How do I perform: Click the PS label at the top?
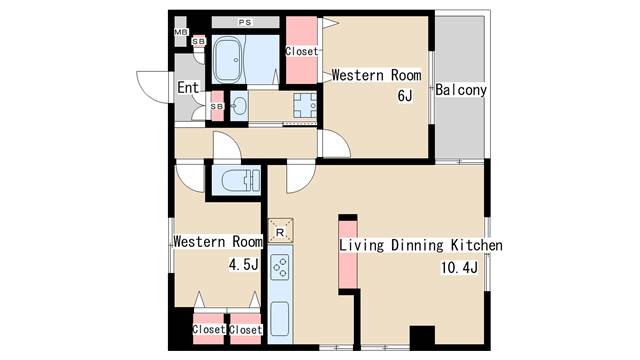coord(245,22)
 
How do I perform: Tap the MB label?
coord(181,32)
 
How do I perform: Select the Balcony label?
coord(461,90)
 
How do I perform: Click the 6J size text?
coord(404,96)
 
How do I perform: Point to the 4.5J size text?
coord(244,264)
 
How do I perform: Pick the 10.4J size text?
coord(459,268)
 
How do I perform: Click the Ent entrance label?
coord(188,87)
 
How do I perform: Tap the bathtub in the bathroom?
coord(228,60)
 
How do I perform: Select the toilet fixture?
coord(240,180)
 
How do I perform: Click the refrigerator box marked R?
coord(280,232)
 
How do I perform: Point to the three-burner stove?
coord(280,267)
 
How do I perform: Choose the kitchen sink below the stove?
coord(280,319)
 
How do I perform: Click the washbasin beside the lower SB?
coord(239,106)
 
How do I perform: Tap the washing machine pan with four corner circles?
coord(305,106)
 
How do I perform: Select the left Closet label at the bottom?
coord(209,329)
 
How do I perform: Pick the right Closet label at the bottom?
coord(245,329)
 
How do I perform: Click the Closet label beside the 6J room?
coord(302,51)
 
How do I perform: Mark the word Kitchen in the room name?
coord(476,245)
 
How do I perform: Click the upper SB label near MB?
coord(199,41)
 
